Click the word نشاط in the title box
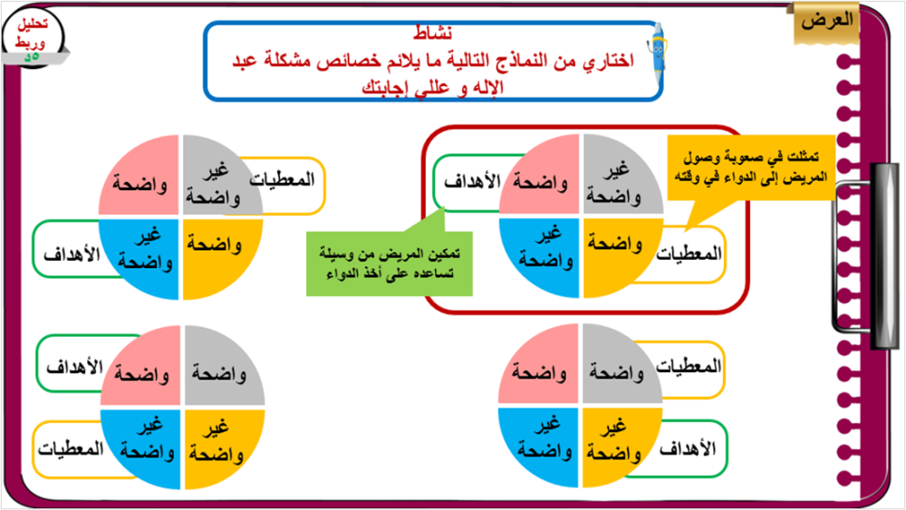coord(433,33)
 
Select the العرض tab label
coord(826,22)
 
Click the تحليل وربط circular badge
coord(33,36)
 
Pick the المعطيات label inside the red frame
coord(689,254)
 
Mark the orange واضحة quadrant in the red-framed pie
coord(618,255)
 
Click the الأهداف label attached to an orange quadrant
coord(688,448)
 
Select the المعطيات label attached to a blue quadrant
coord(71,448)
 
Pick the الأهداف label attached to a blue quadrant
coord(72,255)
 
